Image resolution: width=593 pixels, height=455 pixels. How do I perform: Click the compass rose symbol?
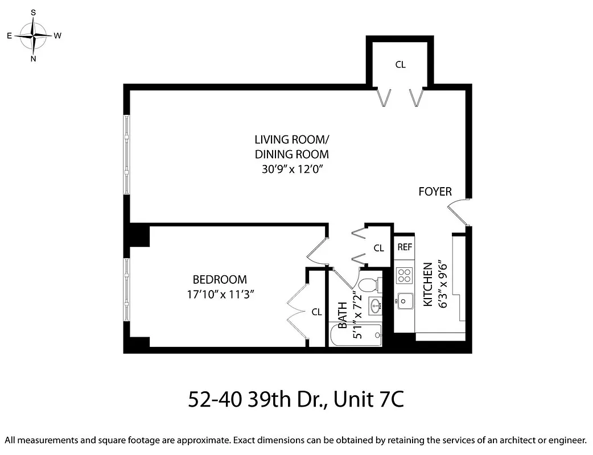[34, 35]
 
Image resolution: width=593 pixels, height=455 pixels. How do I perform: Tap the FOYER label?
[435, 192]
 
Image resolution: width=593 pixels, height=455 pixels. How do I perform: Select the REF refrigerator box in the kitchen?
[405, 247]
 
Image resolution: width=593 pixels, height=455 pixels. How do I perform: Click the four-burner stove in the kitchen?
[405, 275]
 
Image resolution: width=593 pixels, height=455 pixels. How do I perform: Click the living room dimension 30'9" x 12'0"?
[291, 169]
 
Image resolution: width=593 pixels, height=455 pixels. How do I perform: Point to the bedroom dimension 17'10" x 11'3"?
[220, 294]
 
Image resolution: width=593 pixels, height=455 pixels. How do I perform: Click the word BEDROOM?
[220, 280]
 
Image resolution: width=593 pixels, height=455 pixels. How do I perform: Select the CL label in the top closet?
[400, 65]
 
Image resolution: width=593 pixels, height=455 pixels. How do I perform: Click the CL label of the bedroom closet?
[316, 312]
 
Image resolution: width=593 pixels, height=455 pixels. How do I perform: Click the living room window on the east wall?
[127, 155]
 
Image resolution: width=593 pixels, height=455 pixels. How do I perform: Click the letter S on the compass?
[34, 12]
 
